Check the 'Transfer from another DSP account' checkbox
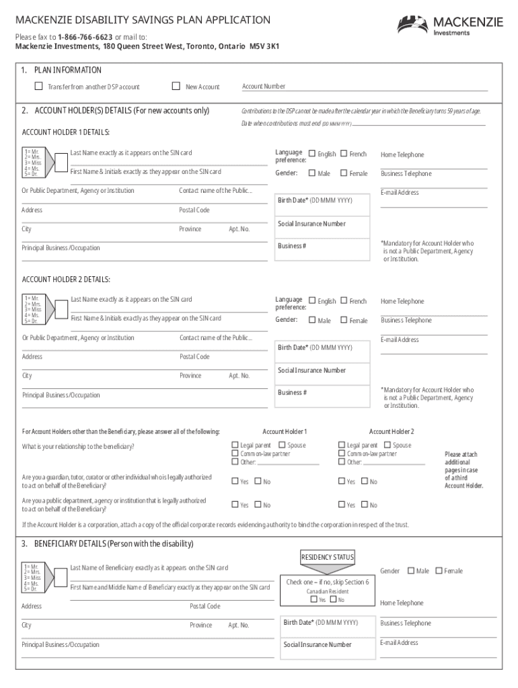(x=38, y=87)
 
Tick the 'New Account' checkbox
(x=176, y=87)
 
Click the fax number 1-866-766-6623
(x=84, y=36)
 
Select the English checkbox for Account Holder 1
(x=312, y=154)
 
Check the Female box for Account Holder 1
(x=344, y=173)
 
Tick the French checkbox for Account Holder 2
(x=344, y=301)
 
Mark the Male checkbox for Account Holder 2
(x=312, y=320)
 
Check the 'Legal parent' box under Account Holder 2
(x=341, y=445)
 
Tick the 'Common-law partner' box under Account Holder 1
(x=235, y=454)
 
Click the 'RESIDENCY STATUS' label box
(x=328, y=557)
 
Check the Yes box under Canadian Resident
(x=313, y=600)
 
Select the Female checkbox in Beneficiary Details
(x=439, y=570)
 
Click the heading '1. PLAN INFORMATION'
(x=61, y=70)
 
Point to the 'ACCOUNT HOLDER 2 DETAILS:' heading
(x=66, y=279)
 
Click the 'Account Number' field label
(x=263, y=87)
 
